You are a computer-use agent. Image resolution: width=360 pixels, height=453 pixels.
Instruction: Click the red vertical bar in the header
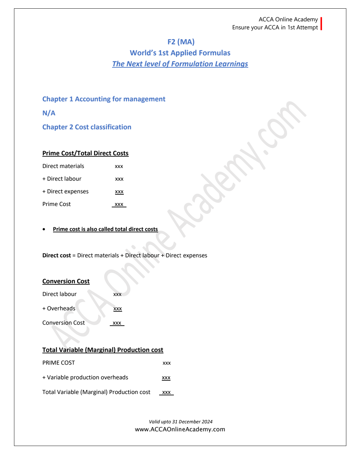pos(321,24)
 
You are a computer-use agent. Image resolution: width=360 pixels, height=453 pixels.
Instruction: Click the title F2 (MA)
pos(181,42)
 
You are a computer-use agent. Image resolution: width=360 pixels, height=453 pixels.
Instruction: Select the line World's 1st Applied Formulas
pos(180,53)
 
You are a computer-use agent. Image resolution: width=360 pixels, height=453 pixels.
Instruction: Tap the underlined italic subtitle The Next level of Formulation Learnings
pos(180,64)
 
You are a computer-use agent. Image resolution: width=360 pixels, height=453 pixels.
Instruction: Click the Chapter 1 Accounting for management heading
pos(104,99)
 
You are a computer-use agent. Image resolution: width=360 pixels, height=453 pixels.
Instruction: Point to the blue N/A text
pos(49,113)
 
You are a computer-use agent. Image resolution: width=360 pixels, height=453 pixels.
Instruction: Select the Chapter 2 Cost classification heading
pos(87,127)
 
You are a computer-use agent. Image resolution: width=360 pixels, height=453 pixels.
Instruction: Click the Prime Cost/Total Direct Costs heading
pos(85,153)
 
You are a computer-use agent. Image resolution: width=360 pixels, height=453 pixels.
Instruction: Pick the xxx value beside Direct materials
pos(119,166)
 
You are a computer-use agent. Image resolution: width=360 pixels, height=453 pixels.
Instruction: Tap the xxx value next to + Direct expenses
pos(119,192)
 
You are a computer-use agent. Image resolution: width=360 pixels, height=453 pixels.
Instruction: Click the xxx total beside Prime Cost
pos(119,204)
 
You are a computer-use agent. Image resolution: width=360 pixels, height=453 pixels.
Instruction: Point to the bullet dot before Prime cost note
pos(44,229)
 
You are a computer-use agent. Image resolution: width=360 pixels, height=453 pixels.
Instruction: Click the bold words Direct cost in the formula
pos(56,256)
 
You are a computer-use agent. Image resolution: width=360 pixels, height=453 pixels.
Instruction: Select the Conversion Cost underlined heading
pos(66,281)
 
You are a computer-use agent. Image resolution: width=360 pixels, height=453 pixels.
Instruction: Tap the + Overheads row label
pos(59,309)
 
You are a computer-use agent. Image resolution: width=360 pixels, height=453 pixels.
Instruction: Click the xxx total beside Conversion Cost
pos(117,323)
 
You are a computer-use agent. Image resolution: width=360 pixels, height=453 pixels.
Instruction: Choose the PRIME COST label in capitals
pos(59,363)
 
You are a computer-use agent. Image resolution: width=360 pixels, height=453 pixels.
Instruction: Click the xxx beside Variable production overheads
pos(166,378)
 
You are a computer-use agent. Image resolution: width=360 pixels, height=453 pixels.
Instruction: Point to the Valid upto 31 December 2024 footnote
pos(181,422)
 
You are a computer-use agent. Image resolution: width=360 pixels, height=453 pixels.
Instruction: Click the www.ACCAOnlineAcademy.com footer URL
pos(180,429)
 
